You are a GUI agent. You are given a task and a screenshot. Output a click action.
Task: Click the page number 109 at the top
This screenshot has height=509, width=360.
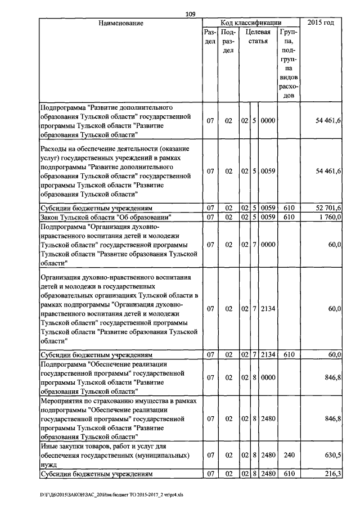point(190,15)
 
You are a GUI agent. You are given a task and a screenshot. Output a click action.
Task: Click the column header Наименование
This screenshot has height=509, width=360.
point(120,23)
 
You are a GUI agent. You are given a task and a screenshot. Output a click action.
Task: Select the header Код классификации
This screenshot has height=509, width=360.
point(251,23)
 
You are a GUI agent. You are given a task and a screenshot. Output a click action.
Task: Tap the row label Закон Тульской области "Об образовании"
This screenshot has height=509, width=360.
point(105,217)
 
